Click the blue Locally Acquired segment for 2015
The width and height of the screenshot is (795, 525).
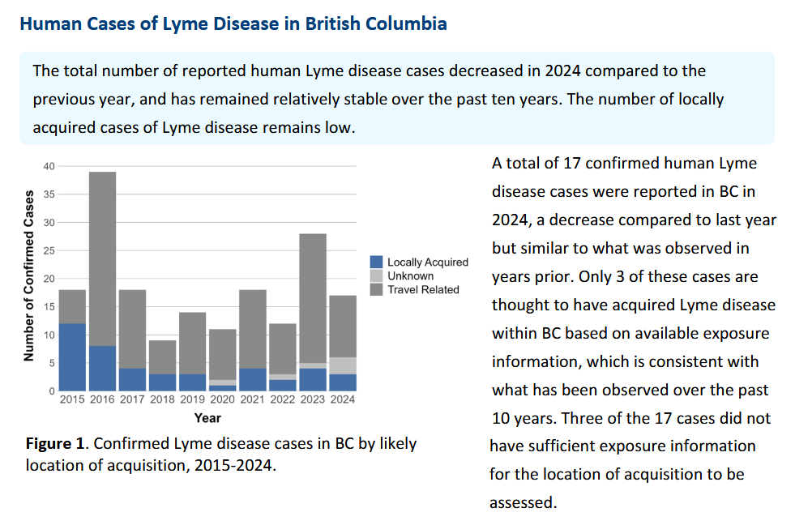[72, 357]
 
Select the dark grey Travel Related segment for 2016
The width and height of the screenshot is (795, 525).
[102, 258]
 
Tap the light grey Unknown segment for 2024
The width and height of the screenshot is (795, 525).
[343, 365]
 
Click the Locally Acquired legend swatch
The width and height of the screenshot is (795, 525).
[376, 262]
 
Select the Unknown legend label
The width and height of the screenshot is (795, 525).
[410, 275]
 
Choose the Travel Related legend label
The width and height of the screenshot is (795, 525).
[423, 289]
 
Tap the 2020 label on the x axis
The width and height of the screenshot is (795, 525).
[222, 399]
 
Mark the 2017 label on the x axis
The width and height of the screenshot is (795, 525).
[132, 399]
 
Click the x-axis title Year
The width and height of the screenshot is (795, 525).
[207, 418]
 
